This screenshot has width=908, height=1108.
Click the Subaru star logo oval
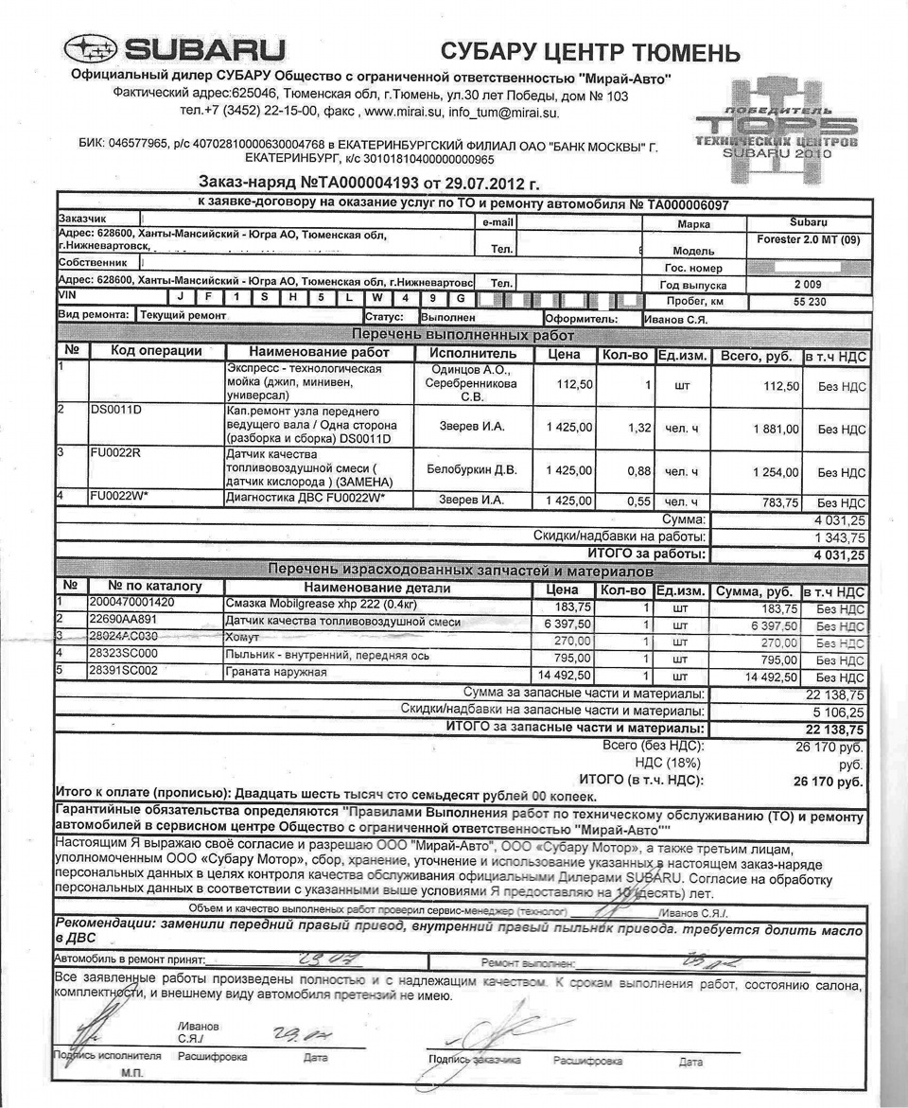91,48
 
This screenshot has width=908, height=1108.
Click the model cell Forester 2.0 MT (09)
809,240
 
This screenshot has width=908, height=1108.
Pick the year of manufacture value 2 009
808,284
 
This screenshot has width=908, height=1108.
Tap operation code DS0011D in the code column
116,412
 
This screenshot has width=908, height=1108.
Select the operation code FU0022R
116,453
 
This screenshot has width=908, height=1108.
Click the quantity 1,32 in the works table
639,428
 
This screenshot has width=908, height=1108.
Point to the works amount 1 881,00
776,429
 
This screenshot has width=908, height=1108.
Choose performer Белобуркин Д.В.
472,469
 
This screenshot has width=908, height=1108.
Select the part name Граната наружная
275,672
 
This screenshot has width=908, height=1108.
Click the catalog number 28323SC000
123,654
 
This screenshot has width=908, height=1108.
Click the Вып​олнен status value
448,318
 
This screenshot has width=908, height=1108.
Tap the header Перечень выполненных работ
463,335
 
